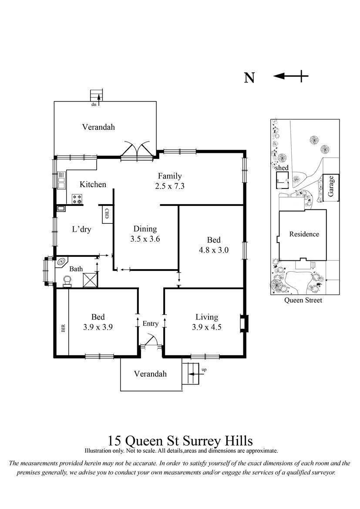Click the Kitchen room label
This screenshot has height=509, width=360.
coord(93,184)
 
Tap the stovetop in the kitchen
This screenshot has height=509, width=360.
coord(77,199)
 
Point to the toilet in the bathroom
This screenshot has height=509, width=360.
coord(67,281)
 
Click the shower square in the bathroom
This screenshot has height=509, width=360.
coord(90,280)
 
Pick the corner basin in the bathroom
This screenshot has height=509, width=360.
coord(61,262)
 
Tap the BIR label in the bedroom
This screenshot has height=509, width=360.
coord(63,328)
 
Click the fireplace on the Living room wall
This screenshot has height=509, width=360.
coord(243,324)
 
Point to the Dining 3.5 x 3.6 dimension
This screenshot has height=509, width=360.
coord(145,239)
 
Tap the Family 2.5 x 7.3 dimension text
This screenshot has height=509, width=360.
coord(170,186)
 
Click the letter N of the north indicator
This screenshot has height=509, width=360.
coord(249,78)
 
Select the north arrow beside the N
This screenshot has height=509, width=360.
coord(290,76)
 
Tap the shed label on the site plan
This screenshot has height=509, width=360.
coord(282,168)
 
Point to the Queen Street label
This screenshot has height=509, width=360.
coord(303,300)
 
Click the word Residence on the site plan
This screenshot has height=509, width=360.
coord(304,234)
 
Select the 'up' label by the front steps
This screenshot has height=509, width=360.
coord(204,370)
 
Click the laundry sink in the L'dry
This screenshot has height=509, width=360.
coord(61,209)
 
